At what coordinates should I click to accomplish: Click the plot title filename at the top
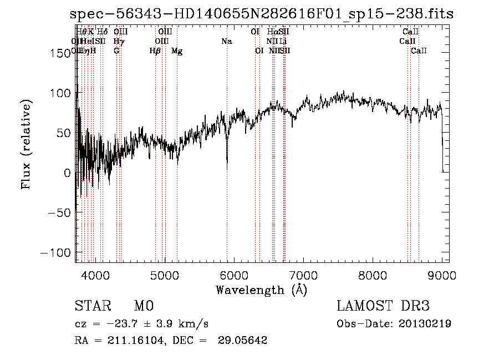[x=262, y=14]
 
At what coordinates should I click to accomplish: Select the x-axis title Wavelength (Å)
[x=261, y=290]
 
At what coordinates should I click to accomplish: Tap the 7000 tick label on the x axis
[x=303, y=275]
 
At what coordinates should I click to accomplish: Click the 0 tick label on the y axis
[x=68, y=173]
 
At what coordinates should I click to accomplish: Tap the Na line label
[x=226, y=42]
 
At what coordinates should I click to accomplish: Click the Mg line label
[x=177, y=51]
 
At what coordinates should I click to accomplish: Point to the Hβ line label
[x=155, y=51]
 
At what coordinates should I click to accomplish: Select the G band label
[x=116, y=51]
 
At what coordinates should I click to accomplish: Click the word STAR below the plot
[x=92, y=306]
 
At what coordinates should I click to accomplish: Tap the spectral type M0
[x=143, y=306]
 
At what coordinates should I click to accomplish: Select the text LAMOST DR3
[x=383, y=306]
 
